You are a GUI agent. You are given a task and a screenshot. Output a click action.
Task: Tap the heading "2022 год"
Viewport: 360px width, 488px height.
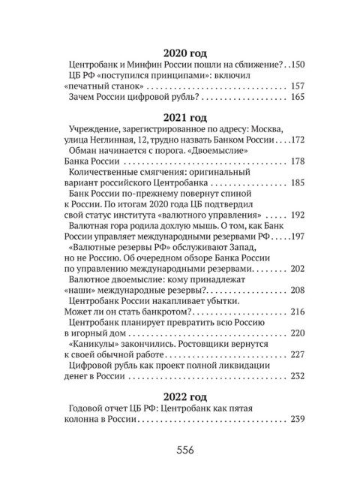pyautogui.click(x=180, y=396)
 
